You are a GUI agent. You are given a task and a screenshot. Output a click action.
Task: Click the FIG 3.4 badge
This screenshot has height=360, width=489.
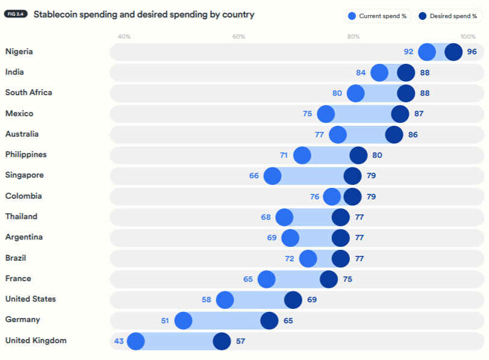[16, 14]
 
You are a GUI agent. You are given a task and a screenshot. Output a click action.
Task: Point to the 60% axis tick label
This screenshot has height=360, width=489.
[239, 37]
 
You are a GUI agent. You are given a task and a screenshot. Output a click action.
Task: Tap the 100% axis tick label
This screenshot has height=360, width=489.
[468, 37]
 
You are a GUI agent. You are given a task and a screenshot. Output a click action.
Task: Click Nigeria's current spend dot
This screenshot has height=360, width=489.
[427, 52]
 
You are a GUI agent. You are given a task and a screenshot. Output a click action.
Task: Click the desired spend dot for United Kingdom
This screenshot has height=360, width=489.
[222, 341]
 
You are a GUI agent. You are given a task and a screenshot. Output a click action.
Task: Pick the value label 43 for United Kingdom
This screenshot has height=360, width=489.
[119, 341]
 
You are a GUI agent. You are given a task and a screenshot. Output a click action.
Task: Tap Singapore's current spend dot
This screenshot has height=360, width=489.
[272, 176]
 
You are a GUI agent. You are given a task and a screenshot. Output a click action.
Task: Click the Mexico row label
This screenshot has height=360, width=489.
[19, 114]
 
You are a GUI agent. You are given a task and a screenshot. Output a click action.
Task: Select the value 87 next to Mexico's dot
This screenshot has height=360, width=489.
[419, 114]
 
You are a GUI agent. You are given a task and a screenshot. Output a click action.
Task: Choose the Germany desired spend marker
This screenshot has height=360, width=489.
[269, 321]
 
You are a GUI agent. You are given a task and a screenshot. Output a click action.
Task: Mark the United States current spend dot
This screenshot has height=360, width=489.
[225, 300]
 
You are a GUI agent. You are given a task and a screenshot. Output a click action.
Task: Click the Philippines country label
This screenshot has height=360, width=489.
[26, 155]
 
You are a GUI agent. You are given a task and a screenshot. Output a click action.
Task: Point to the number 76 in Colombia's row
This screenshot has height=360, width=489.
[314, 196]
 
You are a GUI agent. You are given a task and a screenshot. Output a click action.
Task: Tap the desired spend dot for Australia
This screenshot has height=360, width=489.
[394, 135]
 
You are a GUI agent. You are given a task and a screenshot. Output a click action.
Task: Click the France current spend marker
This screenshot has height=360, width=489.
[266, 279]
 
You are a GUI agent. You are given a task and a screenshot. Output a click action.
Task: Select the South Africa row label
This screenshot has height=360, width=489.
[28, 93]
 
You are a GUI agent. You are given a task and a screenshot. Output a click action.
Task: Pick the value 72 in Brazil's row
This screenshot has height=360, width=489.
[290, 259]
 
